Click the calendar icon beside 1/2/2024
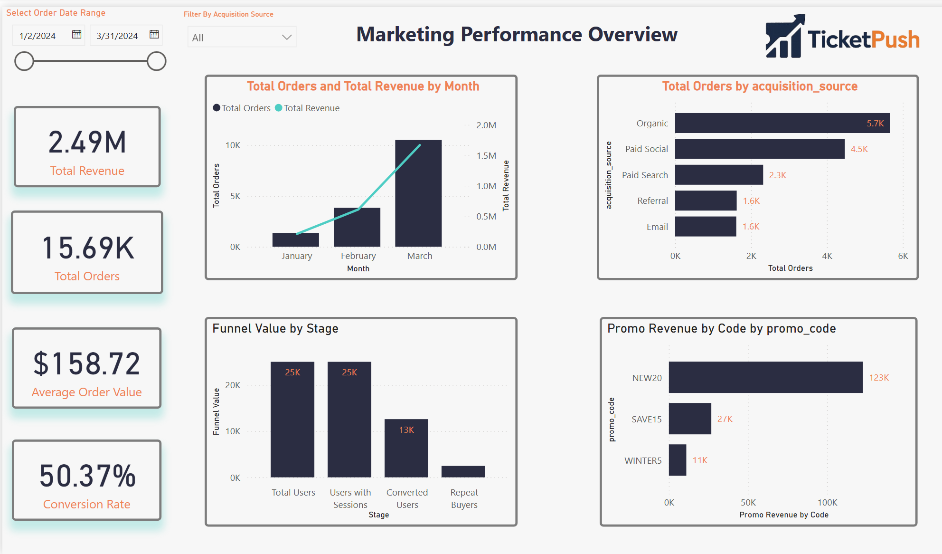click(x=76, y=35)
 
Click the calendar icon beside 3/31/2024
click(x=154, y=35)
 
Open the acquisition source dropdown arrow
click(x=286, y=37)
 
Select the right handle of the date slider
click(x=156, y=61)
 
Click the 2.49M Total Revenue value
click(x=87, y=142)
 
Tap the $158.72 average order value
click(x=87, y=363)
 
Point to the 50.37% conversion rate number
click(x=87, y=476)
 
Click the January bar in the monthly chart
click(x=295, y=240)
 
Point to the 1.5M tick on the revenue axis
click(x=486, y=156)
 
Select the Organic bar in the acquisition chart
click(x=782, y=123)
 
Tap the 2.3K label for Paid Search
click(x=777, y=175)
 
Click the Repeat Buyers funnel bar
click(x=463, y=471)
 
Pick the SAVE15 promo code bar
click(x=689, y=419)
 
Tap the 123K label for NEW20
click(x=878, y=378)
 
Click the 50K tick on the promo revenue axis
click(x=748, y=503)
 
